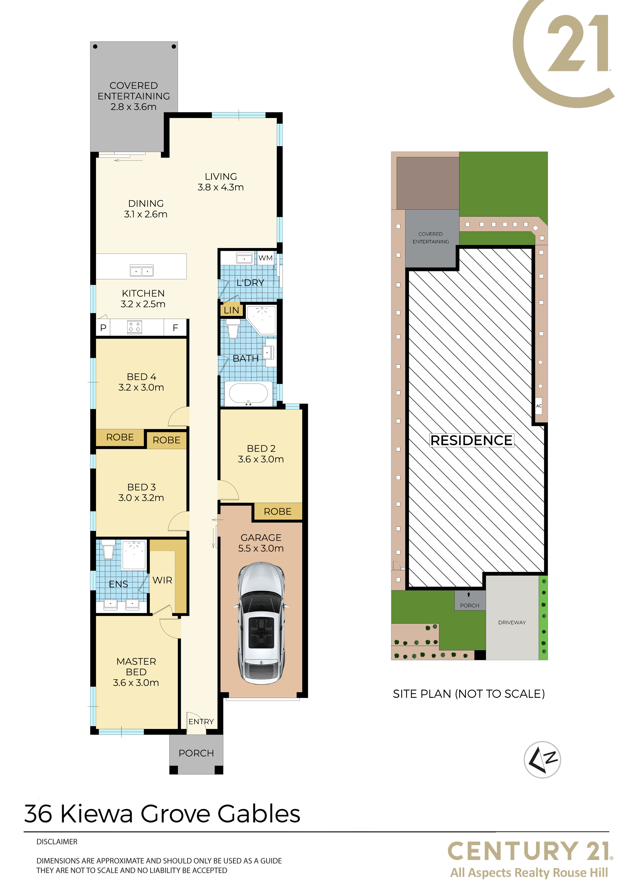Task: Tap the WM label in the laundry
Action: pyautogui.click(x=266, y=258)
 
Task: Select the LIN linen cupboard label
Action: pyautogui.click(x=231, y=310)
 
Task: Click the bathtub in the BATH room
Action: pyautogui.click(x=248, y=393)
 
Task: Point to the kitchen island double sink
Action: pyautogui.click(x=142, y=270)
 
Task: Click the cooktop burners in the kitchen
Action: pyautogui.click(x=135, y=327)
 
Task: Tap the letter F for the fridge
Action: pyautogui.click(x=176, y=328)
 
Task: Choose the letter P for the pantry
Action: pyautogui.click(x=103, y=328)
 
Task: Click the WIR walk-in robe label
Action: pyautogui.click(x=162, y=580)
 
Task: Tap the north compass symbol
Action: pyautogui.click(x=542, y=760)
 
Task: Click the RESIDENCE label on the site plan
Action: pyautogui.click(x=471, y=441)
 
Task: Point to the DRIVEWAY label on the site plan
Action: pyautogui.click(x=512, y=622)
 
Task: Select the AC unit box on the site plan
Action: pyautogui.click(x=539, y=406)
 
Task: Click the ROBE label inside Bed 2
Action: pyautogui.click(x=278, y=512)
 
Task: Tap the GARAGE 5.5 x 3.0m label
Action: pyautogui.click(x=261, y=543)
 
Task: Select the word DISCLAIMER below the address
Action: pyautogui.click(x=57, y=842)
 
